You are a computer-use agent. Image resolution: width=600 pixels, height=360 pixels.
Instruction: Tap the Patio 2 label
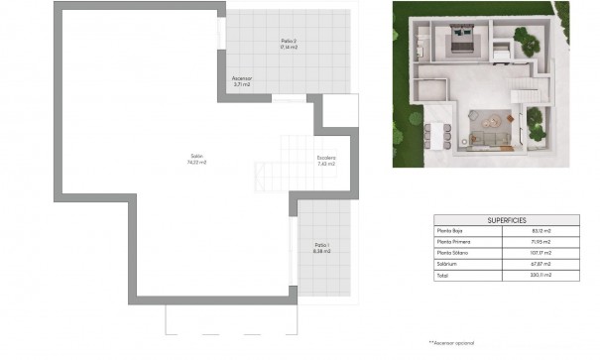pyautogui.click(x=289, y=41)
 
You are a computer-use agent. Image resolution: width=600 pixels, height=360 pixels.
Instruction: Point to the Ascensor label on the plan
pyautogui.click(x=242, y=78)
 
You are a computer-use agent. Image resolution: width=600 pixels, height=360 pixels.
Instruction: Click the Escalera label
pyautogui.click(x=327, y=158)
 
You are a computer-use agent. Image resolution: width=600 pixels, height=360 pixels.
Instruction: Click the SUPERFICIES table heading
pyautogui.click(x=507, y=219)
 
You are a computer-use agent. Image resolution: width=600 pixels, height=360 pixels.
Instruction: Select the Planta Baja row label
pyautogui.click(x=451, y=230)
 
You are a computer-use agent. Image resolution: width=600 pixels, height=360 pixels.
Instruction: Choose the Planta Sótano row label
pyautogui.click(x=452, y=252)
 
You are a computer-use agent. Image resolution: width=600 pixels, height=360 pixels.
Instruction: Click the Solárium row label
pyautogui.click(x=448, y=263)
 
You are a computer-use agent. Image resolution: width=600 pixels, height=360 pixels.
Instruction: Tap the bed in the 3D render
pyautogui.click(x=462, y=41)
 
